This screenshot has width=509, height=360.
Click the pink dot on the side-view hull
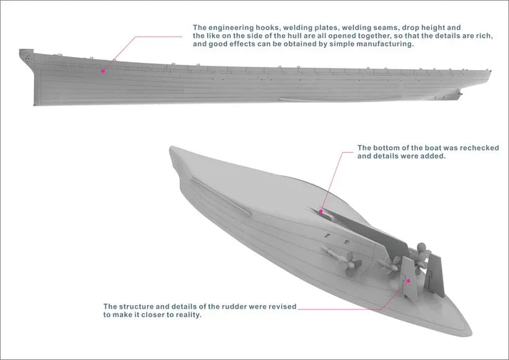click(x=103, y=71)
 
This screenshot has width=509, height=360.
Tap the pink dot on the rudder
click(x=408, y=281)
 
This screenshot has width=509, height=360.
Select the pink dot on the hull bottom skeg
click(x=321, y=211)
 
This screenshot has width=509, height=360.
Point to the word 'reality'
click(x=188, y=314)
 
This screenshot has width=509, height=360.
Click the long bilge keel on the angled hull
click(x=221, y=197)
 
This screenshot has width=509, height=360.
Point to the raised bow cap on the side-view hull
click(x=26, y=53)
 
